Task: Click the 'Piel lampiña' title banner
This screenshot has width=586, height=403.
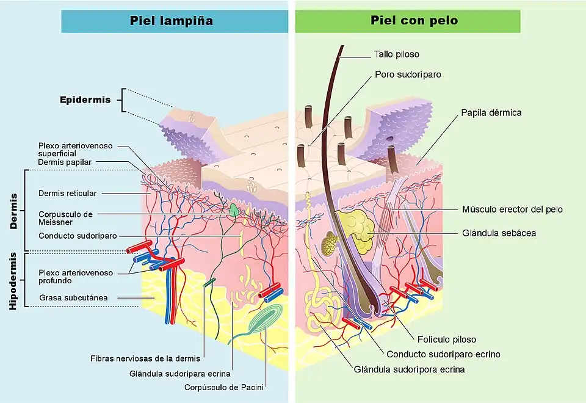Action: [175, 21]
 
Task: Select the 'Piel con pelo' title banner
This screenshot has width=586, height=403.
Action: [408, 21]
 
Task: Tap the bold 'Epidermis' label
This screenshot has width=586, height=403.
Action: [85, 100]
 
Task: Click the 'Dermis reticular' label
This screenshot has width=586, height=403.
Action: [67, 193]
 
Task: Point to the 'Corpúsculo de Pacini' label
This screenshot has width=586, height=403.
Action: [227, 387]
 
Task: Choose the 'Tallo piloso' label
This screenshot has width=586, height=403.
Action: [397, 54]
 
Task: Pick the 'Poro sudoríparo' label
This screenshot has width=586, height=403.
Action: [408, 74]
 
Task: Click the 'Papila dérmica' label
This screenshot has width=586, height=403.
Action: [491, 112]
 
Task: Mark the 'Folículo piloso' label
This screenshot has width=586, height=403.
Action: [447, 339]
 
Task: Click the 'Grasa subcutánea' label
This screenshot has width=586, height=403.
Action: [73, 298]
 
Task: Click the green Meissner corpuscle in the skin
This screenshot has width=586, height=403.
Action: [234, 210]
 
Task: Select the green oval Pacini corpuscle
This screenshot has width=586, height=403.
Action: [267, 318]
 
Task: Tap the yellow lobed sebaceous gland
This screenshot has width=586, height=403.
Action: [355, 231]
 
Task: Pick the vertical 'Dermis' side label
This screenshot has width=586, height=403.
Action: [13, 211]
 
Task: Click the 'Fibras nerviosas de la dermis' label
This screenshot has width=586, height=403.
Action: [145, 358]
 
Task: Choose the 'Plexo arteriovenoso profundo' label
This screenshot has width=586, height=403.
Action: [67, 277]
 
